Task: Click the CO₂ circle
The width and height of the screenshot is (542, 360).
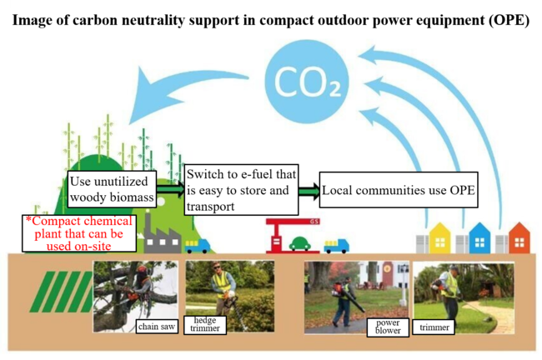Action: click(x=307, y=82)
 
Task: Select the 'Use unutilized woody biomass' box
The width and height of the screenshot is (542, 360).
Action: click(x=112, y=189)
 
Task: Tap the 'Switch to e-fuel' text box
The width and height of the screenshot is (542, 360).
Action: click(x=241, y=190)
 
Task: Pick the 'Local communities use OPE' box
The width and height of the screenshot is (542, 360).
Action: click(x=399, y=190)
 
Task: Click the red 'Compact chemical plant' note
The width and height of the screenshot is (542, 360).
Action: click(x=79, y=233)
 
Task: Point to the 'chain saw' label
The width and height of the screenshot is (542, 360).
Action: click(x=157, y=327)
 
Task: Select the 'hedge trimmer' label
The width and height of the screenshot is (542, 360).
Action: click(x=205, y=325)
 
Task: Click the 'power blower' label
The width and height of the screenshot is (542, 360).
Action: click(x=388, y=327)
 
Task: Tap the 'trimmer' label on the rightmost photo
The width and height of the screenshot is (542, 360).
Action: click(x=434, y=327)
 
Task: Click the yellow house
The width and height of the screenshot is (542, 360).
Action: click(x=439, y=238)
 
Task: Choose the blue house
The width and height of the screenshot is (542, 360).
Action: click(x=479, y=238)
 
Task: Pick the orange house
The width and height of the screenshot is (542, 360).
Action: click(x=519, y=238)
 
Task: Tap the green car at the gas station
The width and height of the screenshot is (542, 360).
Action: click(x=299, y=243)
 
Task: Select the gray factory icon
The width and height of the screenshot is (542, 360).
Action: click(x=162, y=235)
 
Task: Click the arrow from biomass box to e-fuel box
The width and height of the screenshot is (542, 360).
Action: click(x=170, y=189)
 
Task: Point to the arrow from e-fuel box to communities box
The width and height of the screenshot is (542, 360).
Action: click(x=309, y=191)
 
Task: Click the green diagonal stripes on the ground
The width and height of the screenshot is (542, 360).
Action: click(x=62, y=292)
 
